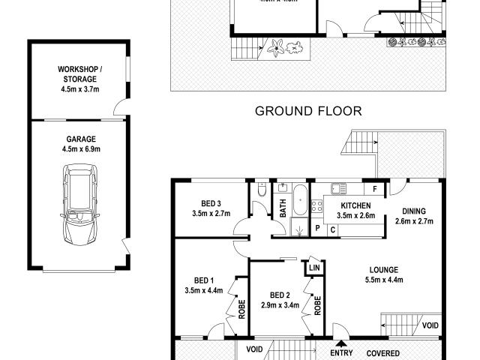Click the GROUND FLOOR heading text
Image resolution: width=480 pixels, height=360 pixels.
tap(308, 111)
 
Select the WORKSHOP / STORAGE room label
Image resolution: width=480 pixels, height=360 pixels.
tap(79, 73)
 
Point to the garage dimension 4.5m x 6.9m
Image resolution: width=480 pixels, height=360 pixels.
tap(80, 149)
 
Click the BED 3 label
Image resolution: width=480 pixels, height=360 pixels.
tap(211, 203)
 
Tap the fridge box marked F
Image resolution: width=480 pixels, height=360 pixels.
tap(373, 189)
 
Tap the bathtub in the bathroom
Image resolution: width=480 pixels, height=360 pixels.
tap(299, 202)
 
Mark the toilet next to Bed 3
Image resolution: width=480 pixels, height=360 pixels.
tap(260, 192)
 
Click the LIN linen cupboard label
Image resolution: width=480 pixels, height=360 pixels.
tap(313, 266)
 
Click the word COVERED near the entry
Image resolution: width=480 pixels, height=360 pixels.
tap(382, 353)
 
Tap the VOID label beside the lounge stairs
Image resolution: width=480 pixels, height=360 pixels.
tap(430, 325)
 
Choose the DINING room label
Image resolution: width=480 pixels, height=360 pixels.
tap(413, 211)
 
